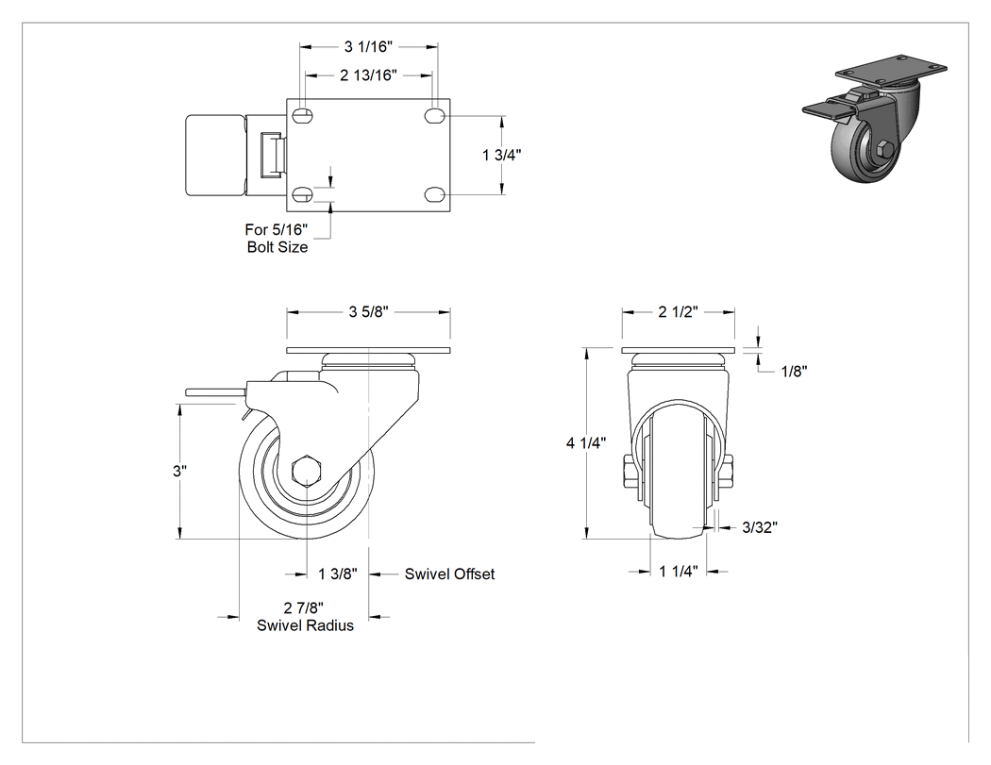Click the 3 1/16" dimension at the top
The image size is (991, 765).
click(x=368, y=47)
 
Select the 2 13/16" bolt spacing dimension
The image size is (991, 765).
click(x=368, y=75)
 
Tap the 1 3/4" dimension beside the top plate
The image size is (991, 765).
click(x=502, y=155)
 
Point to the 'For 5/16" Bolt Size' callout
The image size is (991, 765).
click(x=277, y=238)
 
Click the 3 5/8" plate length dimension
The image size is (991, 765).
click(x=368, y=312)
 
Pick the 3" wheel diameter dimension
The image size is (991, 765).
click(x=180, y=472)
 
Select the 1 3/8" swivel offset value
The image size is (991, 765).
click(x=338, y=574)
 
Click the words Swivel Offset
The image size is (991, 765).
click(x=449, y=574)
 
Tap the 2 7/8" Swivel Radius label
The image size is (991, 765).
click(x=305, y=617)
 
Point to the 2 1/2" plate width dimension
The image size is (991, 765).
click(x=679, y=312)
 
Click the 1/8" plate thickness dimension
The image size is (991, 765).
click(x=795, y=372)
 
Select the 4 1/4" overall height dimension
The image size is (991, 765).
click(x=586, y=443)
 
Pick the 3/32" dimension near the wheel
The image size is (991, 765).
click(x=760, y=527)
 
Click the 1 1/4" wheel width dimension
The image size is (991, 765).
click(x=679, y=572)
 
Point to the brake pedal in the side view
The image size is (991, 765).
click(x=214, y=393)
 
